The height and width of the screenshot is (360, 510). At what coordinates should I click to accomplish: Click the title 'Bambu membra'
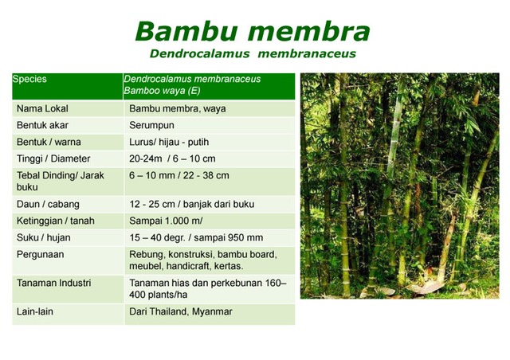[252, 31]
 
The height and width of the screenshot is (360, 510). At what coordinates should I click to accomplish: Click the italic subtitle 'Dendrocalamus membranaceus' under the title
[252, 54]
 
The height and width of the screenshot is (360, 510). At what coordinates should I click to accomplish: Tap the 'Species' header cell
[30, 80]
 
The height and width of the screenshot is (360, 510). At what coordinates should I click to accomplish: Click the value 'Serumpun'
[151, 126]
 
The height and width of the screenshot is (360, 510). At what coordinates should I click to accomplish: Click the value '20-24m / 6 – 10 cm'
[172, 158]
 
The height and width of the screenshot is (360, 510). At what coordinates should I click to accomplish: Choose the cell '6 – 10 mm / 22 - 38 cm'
[179, 175]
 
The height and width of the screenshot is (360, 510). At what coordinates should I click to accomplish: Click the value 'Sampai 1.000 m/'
[167, 221]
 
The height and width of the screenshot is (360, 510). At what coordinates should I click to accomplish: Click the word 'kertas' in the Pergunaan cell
[228, 265]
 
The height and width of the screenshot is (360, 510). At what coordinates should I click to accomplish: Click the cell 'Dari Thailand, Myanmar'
[181, 311]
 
